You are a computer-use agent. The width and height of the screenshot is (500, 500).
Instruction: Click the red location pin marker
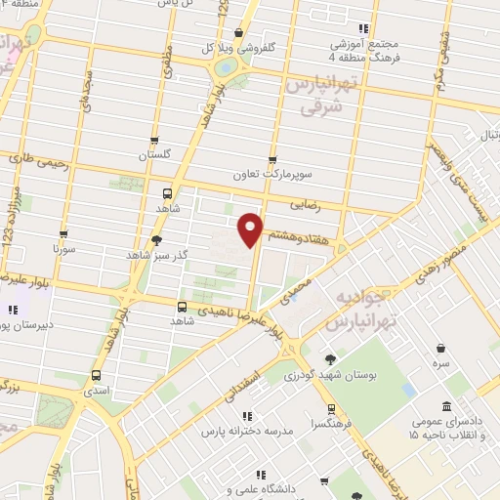click(251, 228)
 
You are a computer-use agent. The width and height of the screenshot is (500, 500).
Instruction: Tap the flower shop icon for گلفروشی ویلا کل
click(238, 33)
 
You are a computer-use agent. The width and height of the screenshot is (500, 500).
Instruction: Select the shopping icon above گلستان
click(154, 140)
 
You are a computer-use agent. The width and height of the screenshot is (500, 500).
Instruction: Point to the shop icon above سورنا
click(63, 234)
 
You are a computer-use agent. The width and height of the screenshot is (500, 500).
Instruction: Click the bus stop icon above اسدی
click(96, 375)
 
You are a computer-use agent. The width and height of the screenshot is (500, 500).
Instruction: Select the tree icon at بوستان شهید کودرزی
click(331, 359)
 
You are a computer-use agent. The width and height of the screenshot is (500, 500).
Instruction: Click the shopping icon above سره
click(441, 348)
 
